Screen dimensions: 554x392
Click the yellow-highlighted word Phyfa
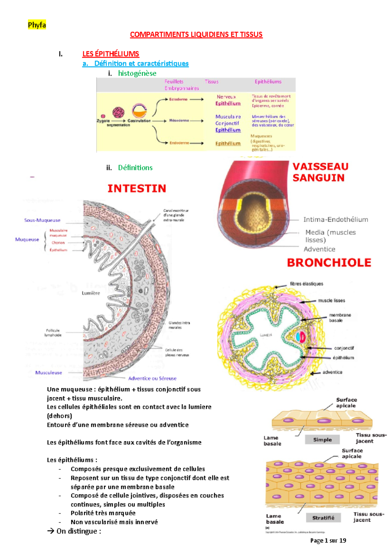coord(37,25)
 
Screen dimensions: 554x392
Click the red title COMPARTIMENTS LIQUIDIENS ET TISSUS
coord(196,35)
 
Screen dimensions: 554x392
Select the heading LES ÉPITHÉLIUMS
coord(110,54)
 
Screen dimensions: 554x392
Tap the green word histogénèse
coord(137,73)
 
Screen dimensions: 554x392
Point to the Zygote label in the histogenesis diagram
coord(103,121)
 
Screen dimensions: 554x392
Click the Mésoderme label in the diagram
coord(179,120)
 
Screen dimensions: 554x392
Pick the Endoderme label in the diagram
coord(179,143)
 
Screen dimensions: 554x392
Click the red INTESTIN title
coord(137,188)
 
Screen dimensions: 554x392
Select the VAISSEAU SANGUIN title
coord(320,172)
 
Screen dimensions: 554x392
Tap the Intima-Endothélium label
coord(335,220)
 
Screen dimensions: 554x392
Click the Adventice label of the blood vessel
coord(319,249)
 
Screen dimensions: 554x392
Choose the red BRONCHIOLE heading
coord(329,263)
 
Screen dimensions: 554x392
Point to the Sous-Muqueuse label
coord(42,220)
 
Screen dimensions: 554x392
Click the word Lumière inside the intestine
coord(91,293)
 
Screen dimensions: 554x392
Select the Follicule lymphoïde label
coord(53,332)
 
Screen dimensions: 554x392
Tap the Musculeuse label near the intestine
coord(48,373)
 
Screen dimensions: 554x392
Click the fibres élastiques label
coord(306,284)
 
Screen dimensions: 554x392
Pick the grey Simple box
coord(322,439)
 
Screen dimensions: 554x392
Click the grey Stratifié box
coord(323,518)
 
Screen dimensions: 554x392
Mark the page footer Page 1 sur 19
coord(328,541)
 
